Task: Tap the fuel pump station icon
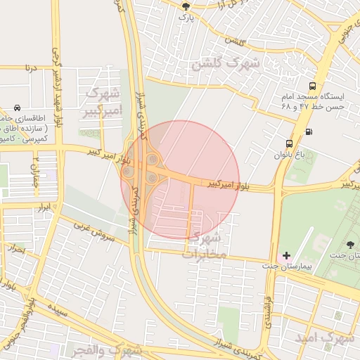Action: pos(309,131)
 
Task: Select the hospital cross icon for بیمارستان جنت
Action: pos(286,255)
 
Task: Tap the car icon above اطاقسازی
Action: pos(16,108)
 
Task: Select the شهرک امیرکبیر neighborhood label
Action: pos(104,101)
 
